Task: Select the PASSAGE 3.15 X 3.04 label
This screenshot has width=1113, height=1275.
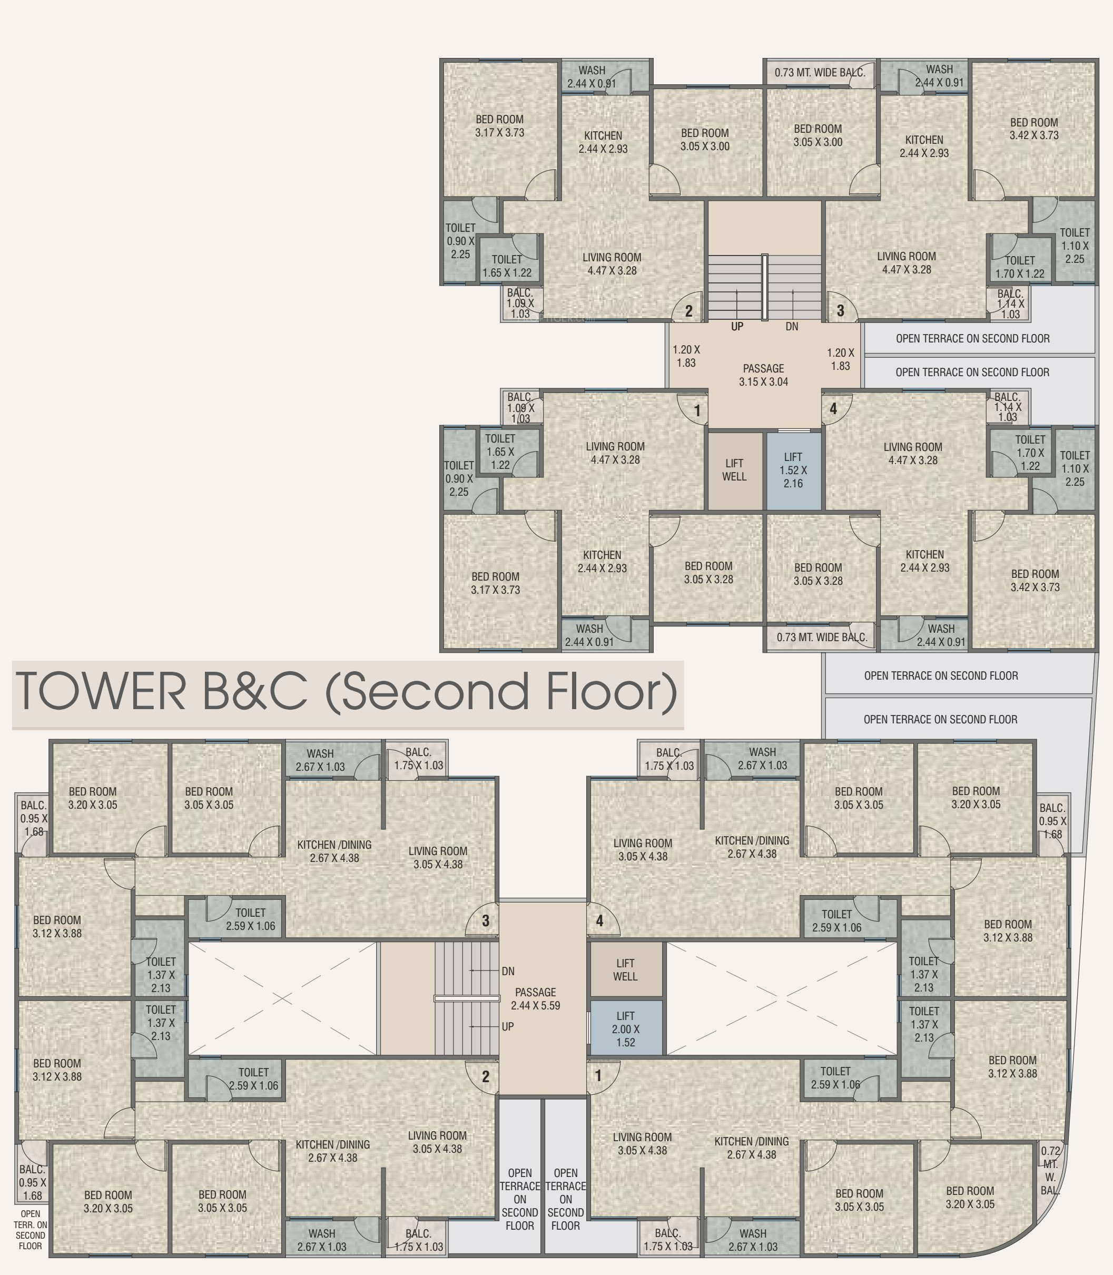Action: click(763, 375)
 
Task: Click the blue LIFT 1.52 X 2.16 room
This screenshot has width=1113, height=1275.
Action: click(793, 470)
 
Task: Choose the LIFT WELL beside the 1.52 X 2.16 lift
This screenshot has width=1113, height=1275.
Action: click(734, 470)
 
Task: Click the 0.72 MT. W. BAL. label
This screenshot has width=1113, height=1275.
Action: click(1050, 1171)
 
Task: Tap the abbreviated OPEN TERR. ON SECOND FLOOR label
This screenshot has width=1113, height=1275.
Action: click(31, 1230)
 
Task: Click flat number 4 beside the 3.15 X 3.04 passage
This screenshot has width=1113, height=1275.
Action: click(833, 409)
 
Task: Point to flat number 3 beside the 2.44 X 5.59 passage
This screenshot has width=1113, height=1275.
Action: click(486, 920)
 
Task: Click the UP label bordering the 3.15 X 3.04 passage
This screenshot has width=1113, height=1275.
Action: click(737, 327)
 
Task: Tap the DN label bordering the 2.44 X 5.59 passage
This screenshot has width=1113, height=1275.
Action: click(508, 971)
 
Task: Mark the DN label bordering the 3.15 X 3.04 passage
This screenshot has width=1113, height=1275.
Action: click(792, 327)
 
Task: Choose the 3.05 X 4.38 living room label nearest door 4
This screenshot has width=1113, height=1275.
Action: click(643, 849)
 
